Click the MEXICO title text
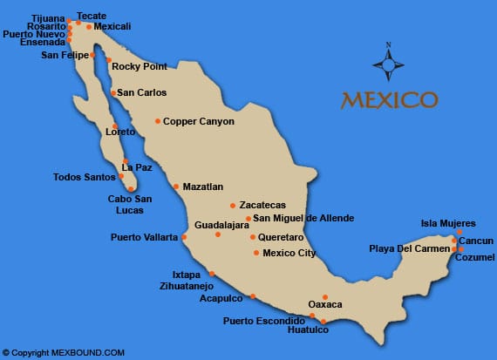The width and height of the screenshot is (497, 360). click(389, 98)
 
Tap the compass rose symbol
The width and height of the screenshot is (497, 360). click(388, 63)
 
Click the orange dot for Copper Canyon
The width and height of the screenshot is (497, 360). click(158, 121)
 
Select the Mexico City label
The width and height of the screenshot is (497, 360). click(289, 253)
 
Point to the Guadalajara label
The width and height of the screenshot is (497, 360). click(221, 224)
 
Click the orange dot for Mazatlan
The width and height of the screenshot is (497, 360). click(175, 187)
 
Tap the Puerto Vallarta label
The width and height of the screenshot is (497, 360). click(143, 236)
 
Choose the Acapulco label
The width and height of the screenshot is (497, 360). click(221, 297)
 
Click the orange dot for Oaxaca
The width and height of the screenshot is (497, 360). click(325, 296)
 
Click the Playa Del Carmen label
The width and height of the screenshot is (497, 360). click(409, 248)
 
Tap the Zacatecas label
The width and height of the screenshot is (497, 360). click(262, 206)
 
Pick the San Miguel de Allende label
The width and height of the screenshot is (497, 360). click(303, 218)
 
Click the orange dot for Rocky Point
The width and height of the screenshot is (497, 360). click(108, 60)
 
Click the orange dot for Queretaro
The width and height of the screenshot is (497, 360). click(252, 236)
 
